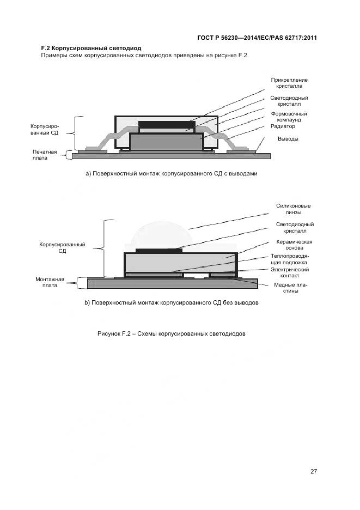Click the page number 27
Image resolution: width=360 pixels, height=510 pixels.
point(314,471)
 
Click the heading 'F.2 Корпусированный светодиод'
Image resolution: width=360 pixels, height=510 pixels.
point(91,48)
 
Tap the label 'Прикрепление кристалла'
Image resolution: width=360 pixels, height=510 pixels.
point(289,83)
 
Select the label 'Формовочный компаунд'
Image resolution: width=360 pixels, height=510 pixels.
point(289,117)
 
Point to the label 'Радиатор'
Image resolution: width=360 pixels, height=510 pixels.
point(283,126)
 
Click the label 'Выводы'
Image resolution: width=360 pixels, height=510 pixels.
point(288,139)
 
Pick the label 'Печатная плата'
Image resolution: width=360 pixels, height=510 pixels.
point(45,155)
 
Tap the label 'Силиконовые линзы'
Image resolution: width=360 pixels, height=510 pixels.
point(294,209)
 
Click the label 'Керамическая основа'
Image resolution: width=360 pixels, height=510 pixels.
point(294,245)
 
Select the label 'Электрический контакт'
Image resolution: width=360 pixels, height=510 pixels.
point(290,272)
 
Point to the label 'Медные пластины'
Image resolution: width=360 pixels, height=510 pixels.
point(290,288)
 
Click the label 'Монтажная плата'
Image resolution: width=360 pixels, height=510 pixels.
point(50,282)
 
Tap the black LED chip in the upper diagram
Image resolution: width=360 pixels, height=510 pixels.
point(167,125)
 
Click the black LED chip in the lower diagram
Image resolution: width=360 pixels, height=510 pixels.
point(158,251)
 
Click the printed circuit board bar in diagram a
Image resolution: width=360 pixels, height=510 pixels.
point(171,156)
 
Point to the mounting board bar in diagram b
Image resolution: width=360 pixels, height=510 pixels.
point(173,284)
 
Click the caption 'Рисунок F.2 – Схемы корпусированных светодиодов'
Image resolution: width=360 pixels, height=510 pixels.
point(172,333)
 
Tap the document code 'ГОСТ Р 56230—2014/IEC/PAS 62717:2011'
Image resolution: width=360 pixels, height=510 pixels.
point(257,38)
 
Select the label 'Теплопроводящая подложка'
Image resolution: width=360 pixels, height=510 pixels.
point(289,259)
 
